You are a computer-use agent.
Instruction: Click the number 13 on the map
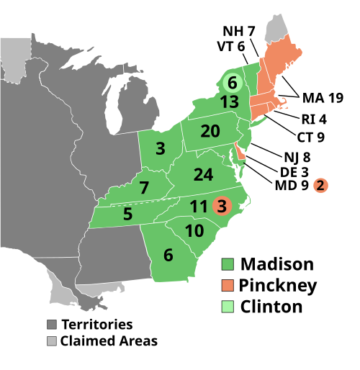click(x=230, y=102)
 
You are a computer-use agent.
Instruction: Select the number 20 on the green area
click(x=210, y=132)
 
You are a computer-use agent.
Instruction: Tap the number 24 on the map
click(x=204, y=175)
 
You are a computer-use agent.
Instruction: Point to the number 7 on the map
click(x=144, y=189)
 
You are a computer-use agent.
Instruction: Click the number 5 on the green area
click(x=127, y=215)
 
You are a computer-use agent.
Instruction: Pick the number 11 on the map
click(x=199, y=207)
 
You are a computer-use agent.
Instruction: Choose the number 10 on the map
click(x=194, y=232)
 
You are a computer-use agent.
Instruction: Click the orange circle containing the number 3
click(x=222, y=207)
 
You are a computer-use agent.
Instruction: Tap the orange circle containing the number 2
click(x=320, y=186)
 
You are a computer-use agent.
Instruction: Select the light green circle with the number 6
click(x=232, y=84)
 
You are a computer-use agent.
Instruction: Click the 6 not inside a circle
click(x=168, y=256)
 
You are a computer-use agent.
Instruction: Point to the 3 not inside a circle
click(x=160, y=149)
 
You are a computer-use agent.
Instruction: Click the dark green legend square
click(x=228, y=264)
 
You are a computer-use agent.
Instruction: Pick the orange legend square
click(x=228, y=285)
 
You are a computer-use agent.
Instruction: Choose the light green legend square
click(x=228, y=307)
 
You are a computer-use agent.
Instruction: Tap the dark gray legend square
click(x=52, y=325)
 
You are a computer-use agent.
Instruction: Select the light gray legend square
click(x=52, y=340)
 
